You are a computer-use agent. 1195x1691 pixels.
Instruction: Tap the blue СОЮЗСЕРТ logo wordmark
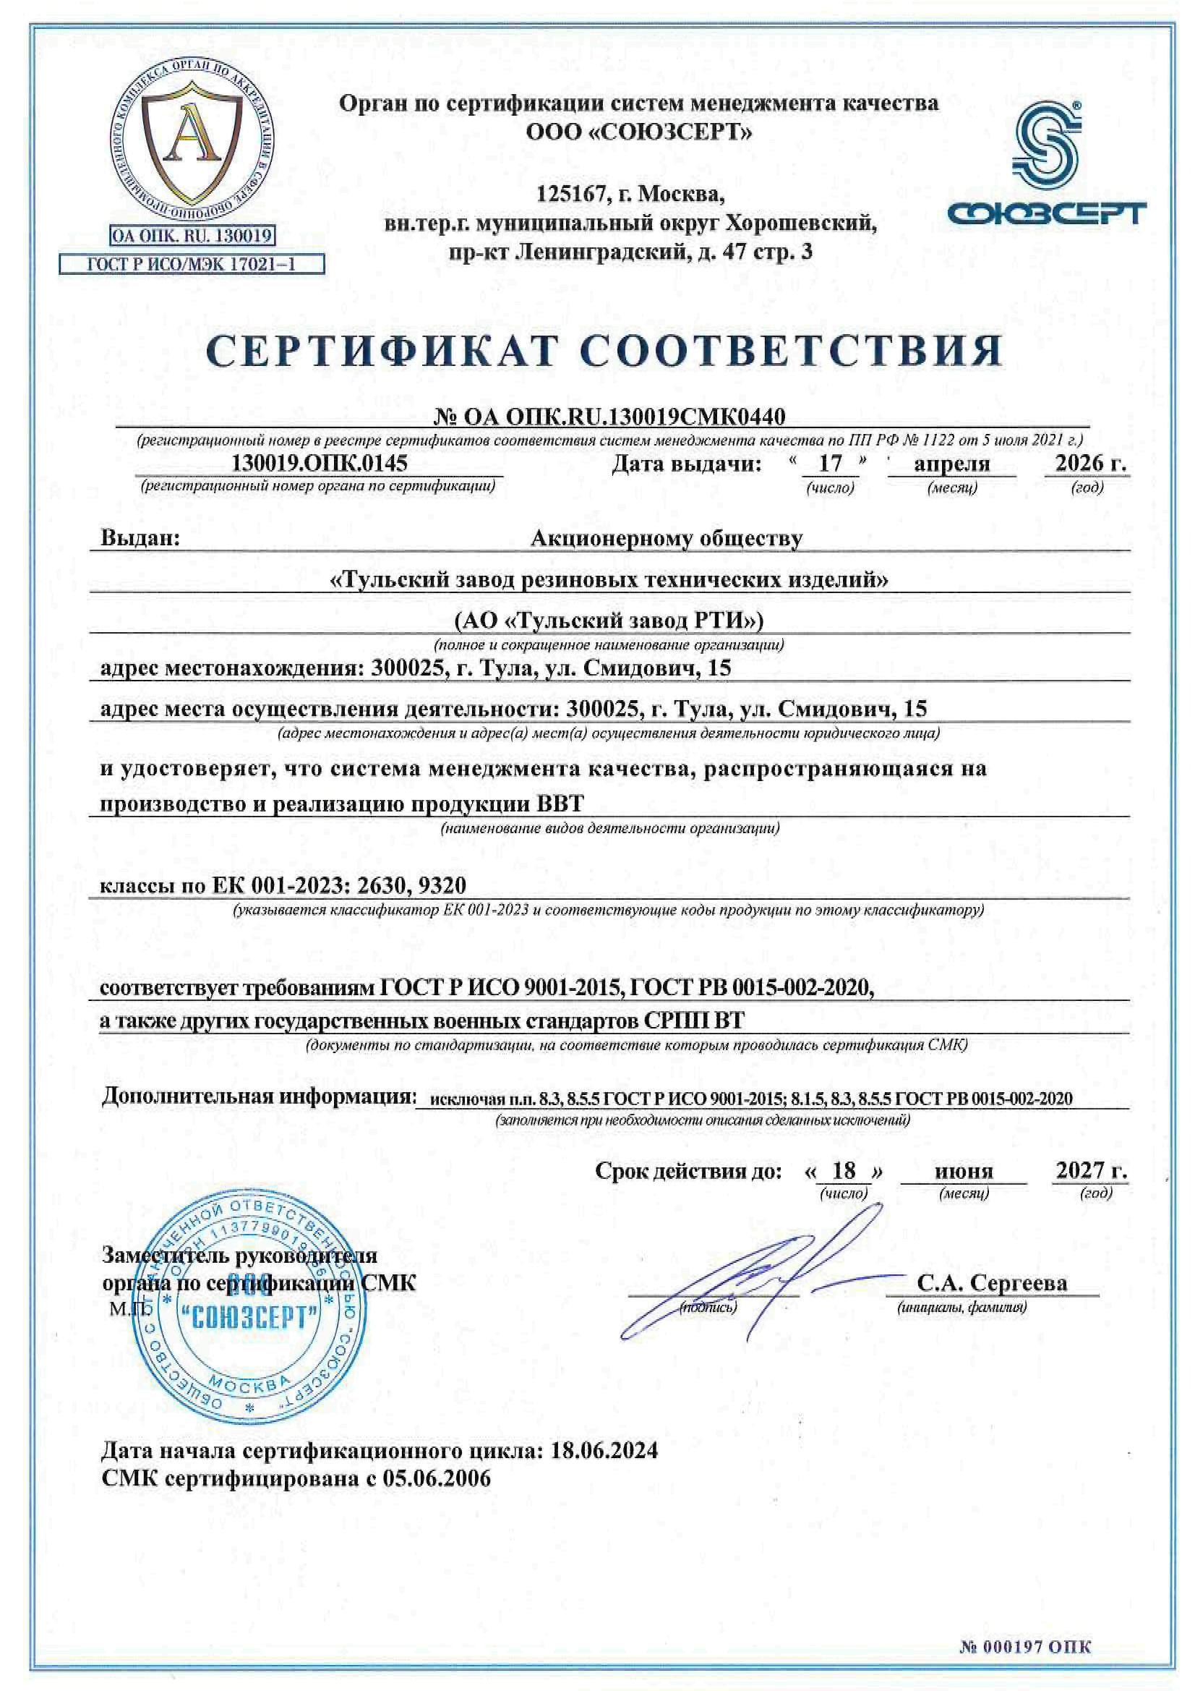pyautogui.click(x=1045, y=213)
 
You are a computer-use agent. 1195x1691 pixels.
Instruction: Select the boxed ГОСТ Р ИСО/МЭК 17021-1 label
pyautogui.click(x=192, y=264)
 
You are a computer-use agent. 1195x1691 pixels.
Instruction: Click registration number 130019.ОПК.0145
pyautogui.click(x=319, y=464)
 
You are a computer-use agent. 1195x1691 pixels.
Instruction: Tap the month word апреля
pyautogui.click(x=951, y=464)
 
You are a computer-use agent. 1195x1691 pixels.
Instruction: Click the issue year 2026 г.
pyautogui.click(x=1089, y=464)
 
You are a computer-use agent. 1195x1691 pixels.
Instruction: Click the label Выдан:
pyautogui.click(x=140, y=538)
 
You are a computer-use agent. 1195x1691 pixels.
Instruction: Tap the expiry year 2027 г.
pyautogui.click(x=1091, y=1170)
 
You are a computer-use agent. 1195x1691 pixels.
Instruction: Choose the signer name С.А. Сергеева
pyautogui.click(x=991, y=1282)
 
